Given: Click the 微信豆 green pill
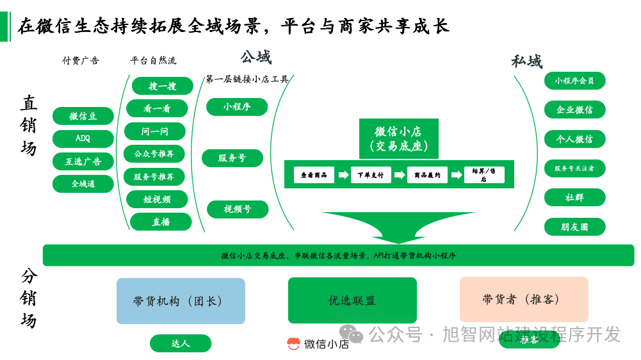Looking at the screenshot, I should (x=83, y=116).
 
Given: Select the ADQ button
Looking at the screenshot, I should (x=83, y=139).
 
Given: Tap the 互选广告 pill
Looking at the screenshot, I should (x=83, y=161).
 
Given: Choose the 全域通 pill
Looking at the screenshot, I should (x=83, y=184).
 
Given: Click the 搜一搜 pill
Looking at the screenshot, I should (x=163, y=86).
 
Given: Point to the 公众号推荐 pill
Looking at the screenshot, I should (x=154, y=154).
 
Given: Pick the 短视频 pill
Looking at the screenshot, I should (x=157, y=199).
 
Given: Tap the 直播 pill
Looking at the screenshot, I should (x=161, y=222).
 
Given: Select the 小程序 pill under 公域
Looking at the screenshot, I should (x=237, y=107).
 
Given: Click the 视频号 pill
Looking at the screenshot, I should (x=237, y=209).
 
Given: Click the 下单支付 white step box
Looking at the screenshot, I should (x=371, y=175).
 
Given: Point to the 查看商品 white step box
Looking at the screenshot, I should (x=314, y=175).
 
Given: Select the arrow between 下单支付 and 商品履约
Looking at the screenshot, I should (x=400, y=175).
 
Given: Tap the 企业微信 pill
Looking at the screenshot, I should (x=574, y=110).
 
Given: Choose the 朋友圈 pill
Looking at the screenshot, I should (x=574, y=227).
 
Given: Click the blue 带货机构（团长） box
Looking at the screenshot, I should (x=181, y=301).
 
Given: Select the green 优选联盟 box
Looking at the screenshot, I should (x=352, y=300).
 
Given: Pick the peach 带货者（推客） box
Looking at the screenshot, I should (x=524, y=299).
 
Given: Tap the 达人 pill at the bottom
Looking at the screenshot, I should (x=181, y=343).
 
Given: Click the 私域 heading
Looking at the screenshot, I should (x=526, y=61).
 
